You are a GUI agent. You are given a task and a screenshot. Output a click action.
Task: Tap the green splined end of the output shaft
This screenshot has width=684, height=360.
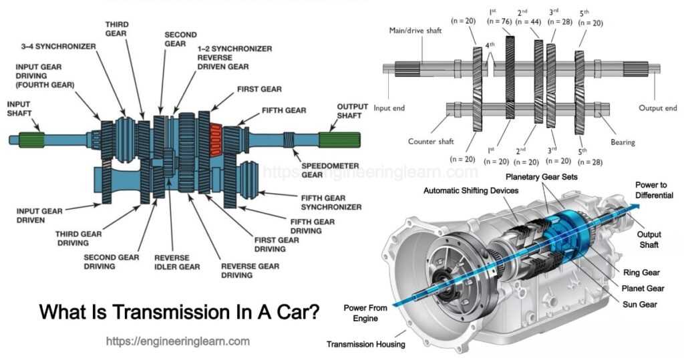[339, 140]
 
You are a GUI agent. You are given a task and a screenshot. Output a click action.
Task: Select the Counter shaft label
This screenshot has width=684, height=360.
[432, 142]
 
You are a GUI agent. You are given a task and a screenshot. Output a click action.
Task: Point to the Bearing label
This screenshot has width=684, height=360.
[622, 142]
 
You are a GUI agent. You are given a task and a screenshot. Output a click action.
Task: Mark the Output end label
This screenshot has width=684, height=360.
[657, 108]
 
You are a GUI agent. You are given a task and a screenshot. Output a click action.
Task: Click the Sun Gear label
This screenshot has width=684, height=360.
[639, 305]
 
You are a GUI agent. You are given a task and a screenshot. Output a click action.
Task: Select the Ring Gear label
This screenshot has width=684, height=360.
[641, 273]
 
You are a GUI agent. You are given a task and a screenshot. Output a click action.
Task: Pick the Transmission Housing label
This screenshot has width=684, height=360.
[365, 345]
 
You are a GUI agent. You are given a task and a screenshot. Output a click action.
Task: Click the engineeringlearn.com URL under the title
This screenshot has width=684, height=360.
[178, 341]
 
